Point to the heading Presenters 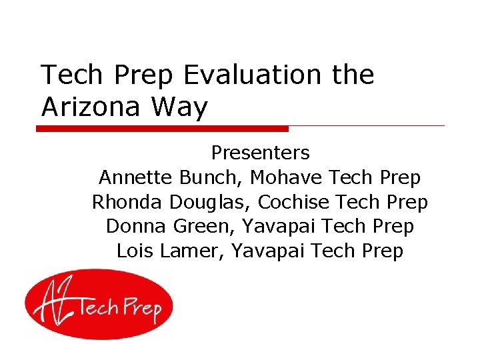click(260, 153)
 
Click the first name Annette click(136, 178)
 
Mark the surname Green click(204, 227)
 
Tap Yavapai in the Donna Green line click(278, 227)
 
